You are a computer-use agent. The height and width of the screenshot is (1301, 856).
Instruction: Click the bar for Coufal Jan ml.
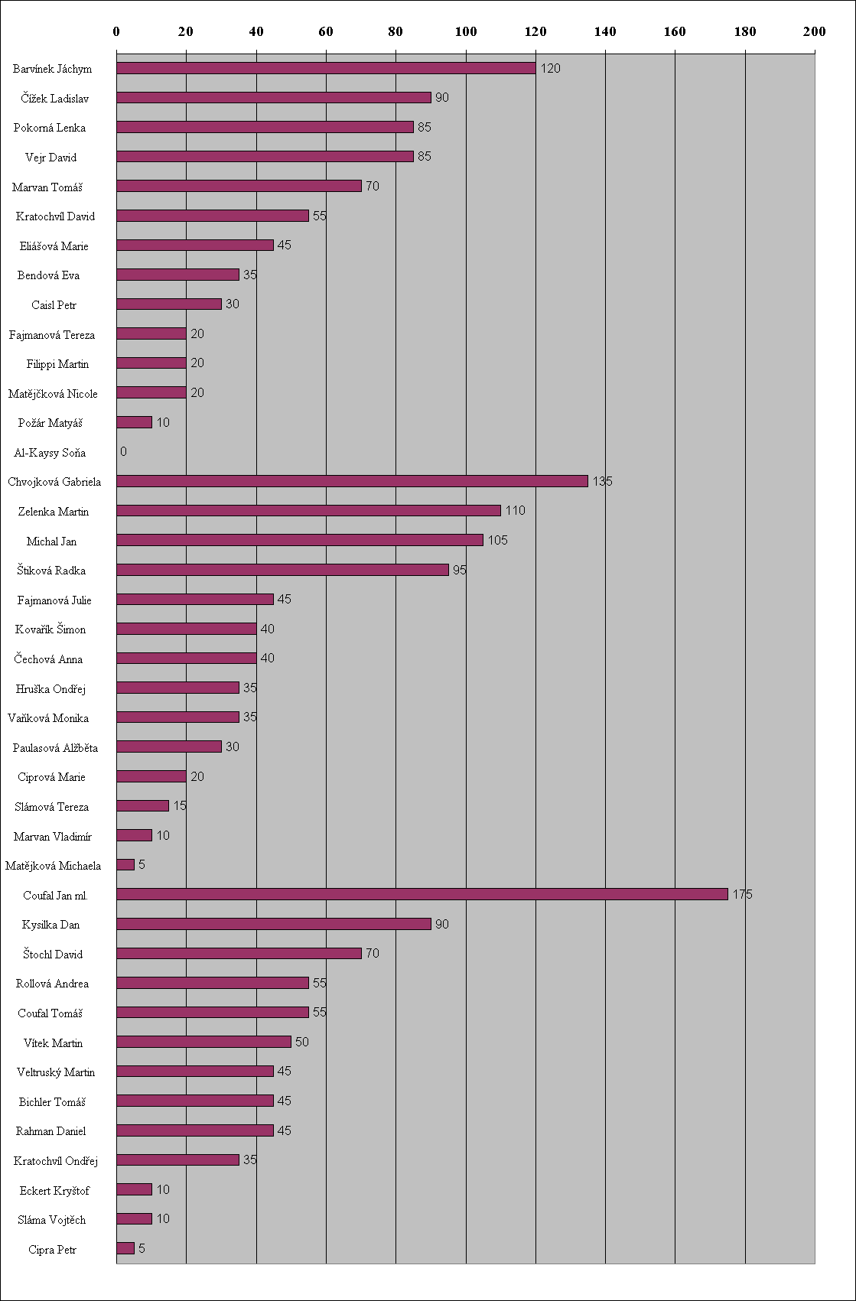[422, 894]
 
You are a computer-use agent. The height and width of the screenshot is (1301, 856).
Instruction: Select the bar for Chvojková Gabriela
[352, 481]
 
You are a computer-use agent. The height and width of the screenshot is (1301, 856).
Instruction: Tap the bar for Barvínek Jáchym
[326, 68]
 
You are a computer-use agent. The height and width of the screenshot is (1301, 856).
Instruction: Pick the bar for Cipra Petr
[125, 1248]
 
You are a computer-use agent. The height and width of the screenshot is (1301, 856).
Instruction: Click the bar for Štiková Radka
[282, 570]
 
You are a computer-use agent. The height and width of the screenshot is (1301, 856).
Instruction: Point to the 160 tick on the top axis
[675, 31]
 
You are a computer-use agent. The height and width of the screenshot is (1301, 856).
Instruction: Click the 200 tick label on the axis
[814, 31]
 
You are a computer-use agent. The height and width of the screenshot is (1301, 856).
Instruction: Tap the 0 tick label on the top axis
[116, 31]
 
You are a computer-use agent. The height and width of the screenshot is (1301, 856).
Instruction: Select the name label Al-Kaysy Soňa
[50, 453]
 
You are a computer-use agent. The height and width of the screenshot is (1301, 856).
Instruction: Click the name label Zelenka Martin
[54, 512]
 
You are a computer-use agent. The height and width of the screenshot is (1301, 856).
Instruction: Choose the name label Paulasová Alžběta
[55, 748]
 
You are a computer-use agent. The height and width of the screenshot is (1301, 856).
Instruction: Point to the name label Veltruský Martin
[56, 1072]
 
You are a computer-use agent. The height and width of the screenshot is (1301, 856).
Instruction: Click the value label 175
[742, 894]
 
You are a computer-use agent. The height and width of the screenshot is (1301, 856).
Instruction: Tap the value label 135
[602, 481]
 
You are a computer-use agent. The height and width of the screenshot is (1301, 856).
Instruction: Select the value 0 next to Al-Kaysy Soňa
[123, 451]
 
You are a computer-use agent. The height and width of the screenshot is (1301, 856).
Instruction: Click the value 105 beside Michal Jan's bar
[497, 540]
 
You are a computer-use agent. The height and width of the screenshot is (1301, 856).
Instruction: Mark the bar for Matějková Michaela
[125, 864]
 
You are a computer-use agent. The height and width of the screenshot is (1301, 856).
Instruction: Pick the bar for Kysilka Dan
[274, 924]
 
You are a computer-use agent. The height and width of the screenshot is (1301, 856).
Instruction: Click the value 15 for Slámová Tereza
[180, 805]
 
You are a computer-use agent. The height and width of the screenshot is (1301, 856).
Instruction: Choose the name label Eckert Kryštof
[54, 1191]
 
